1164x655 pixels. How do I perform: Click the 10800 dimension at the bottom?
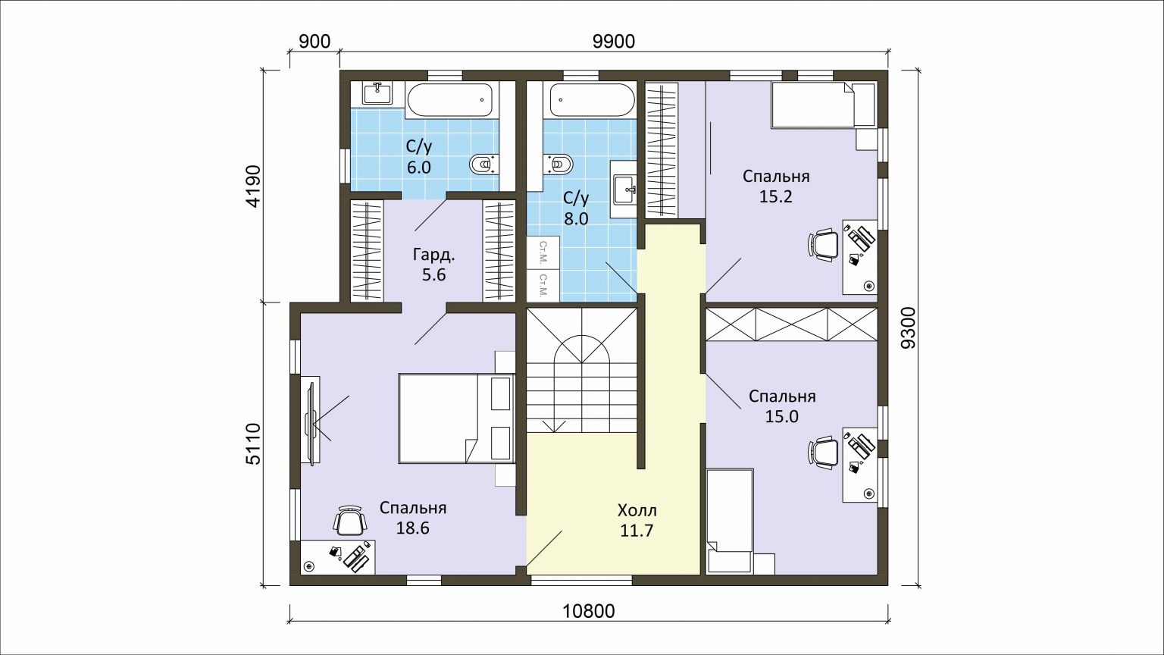(x=589, y=611)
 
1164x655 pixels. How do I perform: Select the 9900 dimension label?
(x=614, y=42)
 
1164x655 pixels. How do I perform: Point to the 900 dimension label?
(x=315, y=42)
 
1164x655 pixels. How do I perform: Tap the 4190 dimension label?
(x=253, y=186)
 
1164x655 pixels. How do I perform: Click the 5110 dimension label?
(x=253, y=443)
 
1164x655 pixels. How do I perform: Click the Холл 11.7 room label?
(x=637, y=520)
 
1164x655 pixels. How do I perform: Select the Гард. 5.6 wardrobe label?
(x=434, y=265)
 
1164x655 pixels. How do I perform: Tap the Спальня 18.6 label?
(x=413, y=518)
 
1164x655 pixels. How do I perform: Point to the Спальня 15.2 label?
(x=776, y=186)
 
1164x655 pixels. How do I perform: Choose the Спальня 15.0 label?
(x=782, y=406)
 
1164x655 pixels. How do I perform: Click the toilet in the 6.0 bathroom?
(x=484, y=165)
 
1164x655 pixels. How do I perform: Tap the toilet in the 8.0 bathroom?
(x=558, y=164)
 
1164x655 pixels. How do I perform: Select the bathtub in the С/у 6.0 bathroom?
(x=449, y=100)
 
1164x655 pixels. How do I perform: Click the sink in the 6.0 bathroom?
(x=377, y=94)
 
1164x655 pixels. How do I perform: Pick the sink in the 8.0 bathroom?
(x=624, y=190)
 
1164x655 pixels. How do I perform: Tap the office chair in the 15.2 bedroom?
(x=823, y=245)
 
